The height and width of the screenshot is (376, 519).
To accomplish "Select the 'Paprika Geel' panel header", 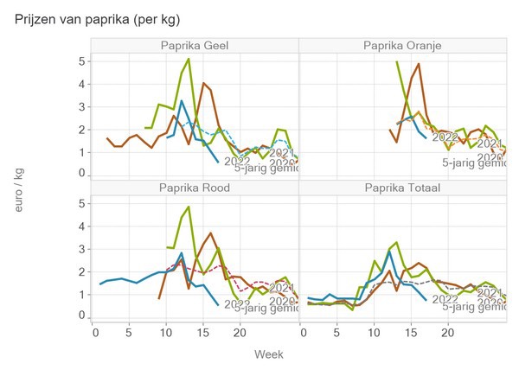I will point(195,46).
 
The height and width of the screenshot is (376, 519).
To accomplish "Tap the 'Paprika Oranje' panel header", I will point(402,46).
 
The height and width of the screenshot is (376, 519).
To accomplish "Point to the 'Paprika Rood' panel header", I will point(195,188).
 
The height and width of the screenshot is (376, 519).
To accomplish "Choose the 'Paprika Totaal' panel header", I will point(402,188).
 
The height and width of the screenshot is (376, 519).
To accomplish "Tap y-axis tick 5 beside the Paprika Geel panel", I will point(81,61).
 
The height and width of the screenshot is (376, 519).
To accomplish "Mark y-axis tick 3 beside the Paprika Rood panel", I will point(81,249).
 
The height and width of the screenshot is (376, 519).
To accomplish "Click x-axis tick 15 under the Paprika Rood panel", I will point(203,332).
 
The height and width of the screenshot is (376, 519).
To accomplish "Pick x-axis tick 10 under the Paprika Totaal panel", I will point(375,332).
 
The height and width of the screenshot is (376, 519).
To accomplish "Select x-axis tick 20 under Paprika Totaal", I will point(447,332).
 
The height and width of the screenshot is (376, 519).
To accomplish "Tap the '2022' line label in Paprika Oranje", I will point(445,137).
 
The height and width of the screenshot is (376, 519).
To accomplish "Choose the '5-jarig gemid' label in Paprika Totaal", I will point(473,305).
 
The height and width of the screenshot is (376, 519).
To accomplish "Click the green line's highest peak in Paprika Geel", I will point(189,59).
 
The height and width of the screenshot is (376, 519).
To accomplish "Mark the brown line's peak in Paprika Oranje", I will point(419,64).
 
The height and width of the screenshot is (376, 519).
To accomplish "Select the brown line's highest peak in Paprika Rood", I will point(210,233).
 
